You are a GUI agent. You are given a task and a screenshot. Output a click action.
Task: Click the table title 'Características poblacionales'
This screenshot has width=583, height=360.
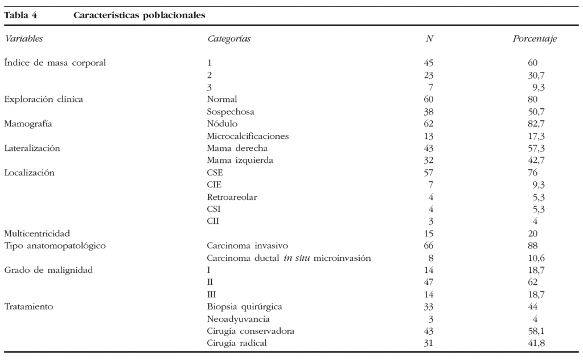139,15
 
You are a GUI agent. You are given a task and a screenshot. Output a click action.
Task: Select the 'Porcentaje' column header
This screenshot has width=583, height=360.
534,39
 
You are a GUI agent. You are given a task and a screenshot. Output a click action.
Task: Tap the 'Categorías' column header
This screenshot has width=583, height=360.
229,39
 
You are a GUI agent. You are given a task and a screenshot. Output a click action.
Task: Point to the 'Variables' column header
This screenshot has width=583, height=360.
24,39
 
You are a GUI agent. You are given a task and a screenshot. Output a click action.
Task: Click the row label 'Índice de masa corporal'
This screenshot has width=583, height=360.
55,63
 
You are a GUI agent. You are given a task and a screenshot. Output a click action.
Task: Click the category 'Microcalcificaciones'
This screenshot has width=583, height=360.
248,136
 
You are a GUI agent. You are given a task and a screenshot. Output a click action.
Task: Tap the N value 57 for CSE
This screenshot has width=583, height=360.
429,173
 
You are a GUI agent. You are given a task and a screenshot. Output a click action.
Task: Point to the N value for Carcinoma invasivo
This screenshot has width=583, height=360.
429,246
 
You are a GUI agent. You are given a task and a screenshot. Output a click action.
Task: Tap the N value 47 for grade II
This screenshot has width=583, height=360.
429,282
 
